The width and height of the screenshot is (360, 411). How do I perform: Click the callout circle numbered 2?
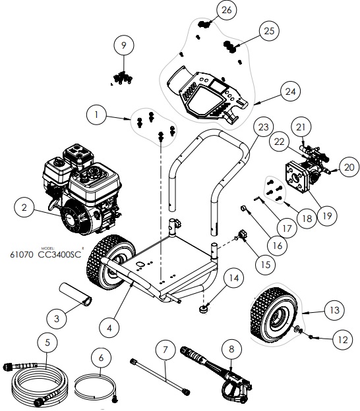tap(25, 207)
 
